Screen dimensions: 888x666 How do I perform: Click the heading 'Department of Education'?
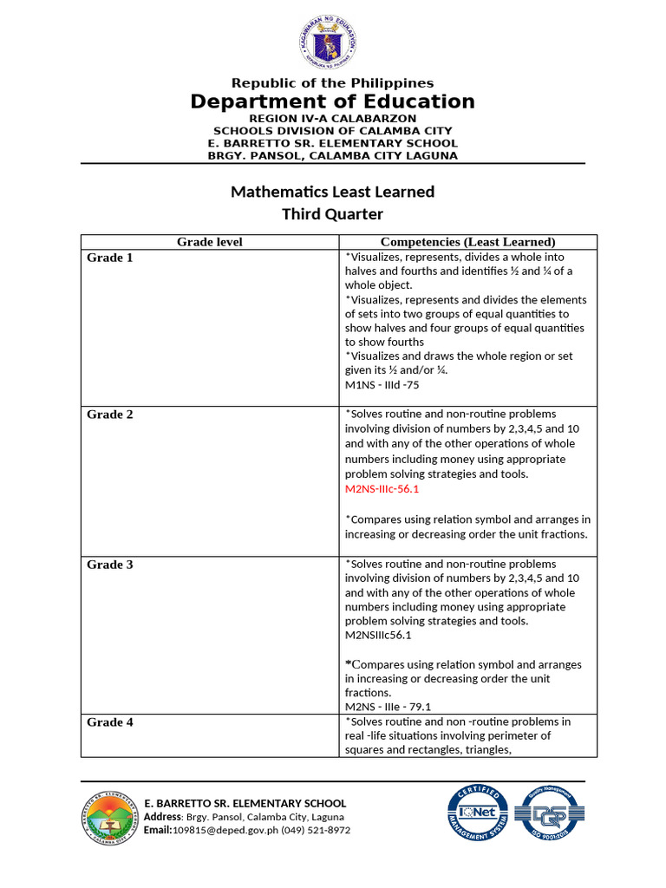(x=333, y=101)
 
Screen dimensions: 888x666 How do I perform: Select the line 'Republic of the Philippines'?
(x=332, y=83)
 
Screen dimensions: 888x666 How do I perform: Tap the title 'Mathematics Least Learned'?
(x=332, y=192)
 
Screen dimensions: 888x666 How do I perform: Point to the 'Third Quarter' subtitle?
(x=332, y=214)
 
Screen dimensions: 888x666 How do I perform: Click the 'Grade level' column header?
(x=210, y=242)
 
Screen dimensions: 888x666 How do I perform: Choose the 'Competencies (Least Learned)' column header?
(x=467, y=242)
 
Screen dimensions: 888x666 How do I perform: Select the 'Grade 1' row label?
(x=110, y=258)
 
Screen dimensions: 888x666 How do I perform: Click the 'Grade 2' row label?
(x=110, y=415)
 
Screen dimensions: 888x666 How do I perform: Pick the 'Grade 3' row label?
(x=110, y=565)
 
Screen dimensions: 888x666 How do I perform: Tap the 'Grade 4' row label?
(x=110, y=721)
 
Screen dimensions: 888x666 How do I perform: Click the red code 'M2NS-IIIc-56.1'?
(x=382, y=489)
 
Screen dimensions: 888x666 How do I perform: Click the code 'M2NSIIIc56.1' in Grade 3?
(x=378, y=635)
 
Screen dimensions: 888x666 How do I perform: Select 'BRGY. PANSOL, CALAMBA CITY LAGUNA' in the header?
(x=332, y=156)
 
